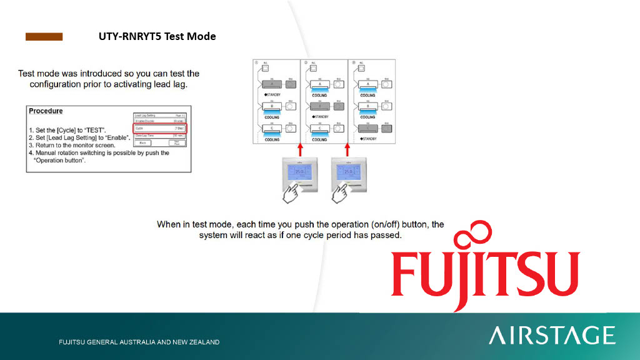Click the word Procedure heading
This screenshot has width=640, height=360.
(46, 111)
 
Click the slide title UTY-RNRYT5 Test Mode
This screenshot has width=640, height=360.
(157, 36)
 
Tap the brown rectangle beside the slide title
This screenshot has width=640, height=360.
(44, 37)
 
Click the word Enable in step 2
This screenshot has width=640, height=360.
(116, 137)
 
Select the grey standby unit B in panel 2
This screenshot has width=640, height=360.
(321, 106)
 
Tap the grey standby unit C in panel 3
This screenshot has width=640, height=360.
(368, 128)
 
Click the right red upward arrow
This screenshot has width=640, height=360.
(347, 150)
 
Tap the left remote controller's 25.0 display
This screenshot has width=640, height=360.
(299, 172)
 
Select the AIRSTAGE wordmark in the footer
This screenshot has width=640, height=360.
(552, 336)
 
